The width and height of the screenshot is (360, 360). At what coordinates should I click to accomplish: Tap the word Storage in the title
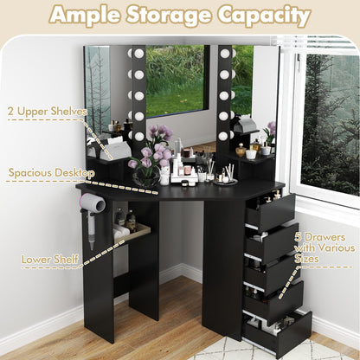180,16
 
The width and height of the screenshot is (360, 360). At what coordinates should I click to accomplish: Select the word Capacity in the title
267,16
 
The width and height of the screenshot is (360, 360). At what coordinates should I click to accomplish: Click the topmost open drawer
270,209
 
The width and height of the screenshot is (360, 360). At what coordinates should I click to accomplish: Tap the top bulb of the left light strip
138,54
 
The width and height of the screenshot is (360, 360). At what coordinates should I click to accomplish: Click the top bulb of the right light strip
225,54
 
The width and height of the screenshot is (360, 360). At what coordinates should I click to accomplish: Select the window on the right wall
329,121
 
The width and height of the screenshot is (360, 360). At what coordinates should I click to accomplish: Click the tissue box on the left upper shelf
112,150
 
